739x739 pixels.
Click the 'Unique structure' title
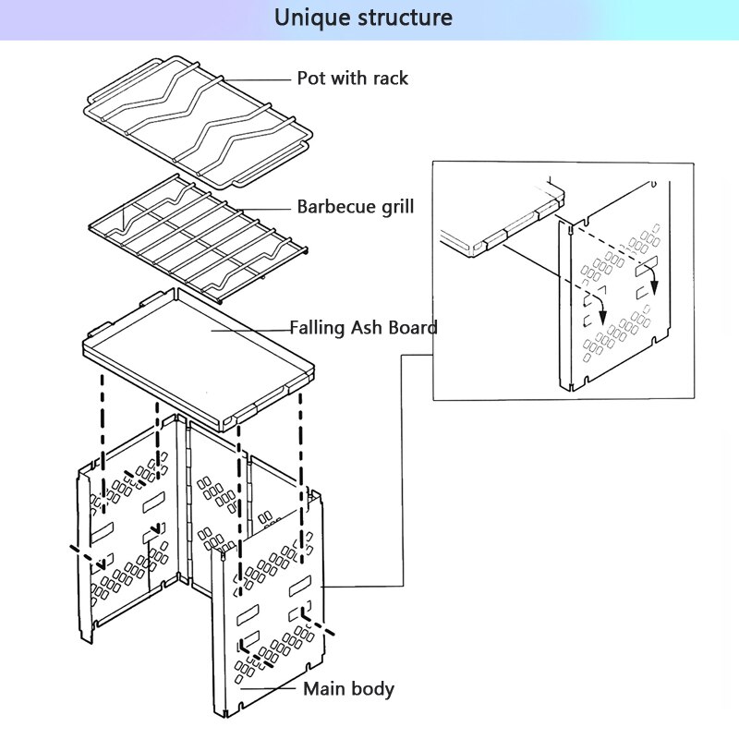[363, 18]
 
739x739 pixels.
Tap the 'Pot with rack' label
[352, 79]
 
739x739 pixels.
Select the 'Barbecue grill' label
[355, 206]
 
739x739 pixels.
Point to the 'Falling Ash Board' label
[363, 328]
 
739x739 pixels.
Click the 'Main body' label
[348, 689]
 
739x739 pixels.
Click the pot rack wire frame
[199, 120]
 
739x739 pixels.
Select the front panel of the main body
[268, 610]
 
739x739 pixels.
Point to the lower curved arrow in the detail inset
[599, 309]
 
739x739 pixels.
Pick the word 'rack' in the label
[390, 79]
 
